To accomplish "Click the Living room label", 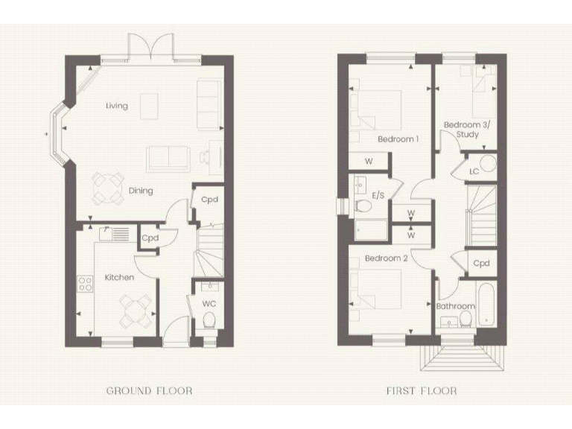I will [x=116, y=106].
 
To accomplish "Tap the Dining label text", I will [x=141, y=191].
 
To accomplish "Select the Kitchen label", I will [x=119, y=278].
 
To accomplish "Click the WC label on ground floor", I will [x=209, y=304].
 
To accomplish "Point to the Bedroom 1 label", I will [x=398, y=139].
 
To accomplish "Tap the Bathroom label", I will [x=455, y=306].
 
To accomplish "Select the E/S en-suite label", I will [x=378, y=195].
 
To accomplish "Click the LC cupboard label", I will [x=474, y=171].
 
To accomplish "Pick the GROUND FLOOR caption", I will [x=149, y=390].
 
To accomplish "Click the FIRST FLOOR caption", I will [x=422, y=390].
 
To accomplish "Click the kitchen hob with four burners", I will [x=85, y=284].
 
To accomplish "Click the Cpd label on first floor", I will [x=483, y=263].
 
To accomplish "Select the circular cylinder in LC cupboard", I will [x=487, y=165].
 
